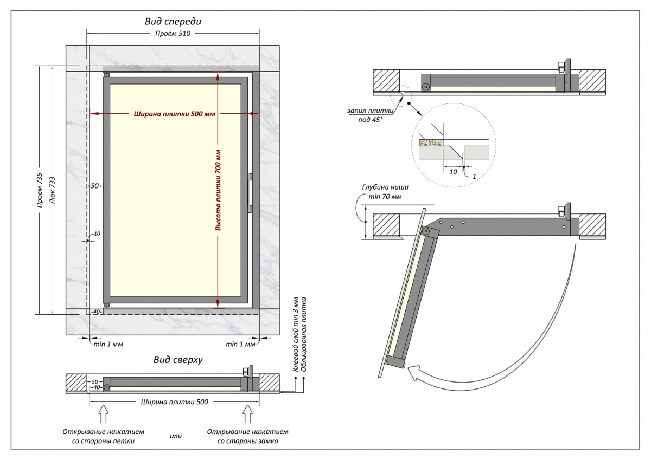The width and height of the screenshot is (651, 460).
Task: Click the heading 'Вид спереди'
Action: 173,22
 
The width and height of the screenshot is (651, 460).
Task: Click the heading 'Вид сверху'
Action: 177,360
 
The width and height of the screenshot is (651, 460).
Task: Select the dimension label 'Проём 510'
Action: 173,34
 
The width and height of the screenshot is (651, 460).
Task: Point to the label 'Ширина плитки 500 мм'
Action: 173,114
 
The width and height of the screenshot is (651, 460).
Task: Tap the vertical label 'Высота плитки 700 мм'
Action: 218,190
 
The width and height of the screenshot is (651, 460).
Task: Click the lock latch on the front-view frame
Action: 250,193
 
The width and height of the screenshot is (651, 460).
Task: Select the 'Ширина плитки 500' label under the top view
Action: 174,402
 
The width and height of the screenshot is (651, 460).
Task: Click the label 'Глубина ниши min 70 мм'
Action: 382,192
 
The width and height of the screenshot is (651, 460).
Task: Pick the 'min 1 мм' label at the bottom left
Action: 108,344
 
